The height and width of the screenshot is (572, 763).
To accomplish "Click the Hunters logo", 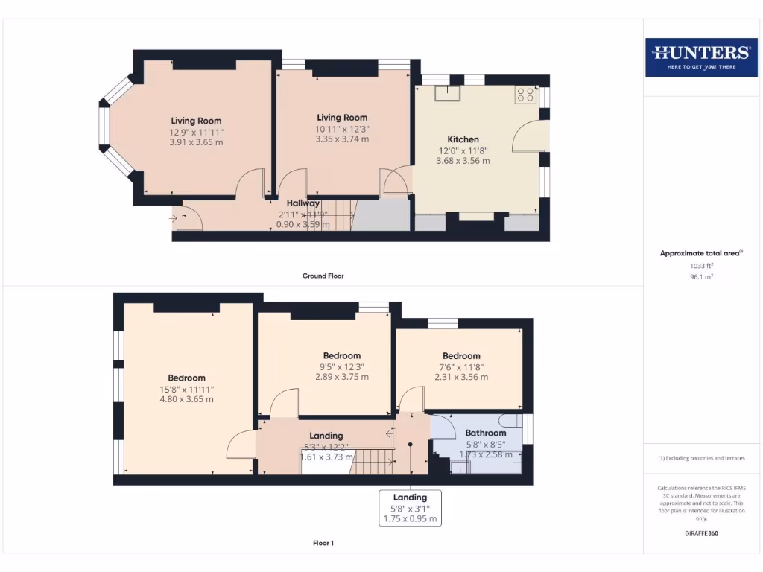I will click(x=701, y=57).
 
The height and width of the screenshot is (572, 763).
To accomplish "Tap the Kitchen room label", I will click(x=463, y=139).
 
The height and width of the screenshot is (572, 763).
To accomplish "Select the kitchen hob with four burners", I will click(x=525, y=95).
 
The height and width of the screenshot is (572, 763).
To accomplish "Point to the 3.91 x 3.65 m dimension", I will click(x=196, y=142).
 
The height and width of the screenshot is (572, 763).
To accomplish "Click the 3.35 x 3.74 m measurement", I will click(x=342, y=139).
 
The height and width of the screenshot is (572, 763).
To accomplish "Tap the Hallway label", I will click(x=303, y=203).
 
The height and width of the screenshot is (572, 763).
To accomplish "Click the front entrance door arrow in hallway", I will click(x=174, y=218).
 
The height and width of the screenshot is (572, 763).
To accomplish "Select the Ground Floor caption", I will click(x=323, y=276).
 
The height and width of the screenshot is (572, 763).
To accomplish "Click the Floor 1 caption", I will click(x=323, y=543).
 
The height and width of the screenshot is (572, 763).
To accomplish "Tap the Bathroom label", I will click(x=485, y=433).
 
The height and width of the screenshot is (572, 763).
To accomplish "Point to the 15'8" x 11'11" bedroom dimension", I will click(x=186, y=389).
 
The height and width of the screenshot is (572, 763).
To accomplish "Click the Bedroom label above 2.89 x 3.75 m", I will click(x=342, y=355).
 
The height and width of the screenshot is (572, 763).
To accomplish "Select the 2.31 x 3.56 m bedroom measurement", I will click(x=461, y=377).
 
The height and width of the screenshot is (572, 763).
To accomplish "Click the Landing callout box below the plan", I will click(x=410, y=508).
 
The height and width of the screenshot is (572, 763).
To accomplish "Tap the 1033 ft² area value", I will click(x=700, y=265).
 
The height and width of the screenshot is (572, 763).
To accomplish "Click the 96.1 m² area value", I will click(x=700, y=276).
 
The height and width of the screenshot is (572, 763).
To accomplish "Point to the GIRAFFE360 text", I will click(x=700, y=533).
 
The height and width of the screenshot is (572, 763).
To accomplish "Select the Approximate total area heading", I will click(x=700, y=253).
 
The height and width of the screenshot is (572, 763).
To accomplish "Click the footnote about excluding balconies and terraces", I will click(x=700, y=458).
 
